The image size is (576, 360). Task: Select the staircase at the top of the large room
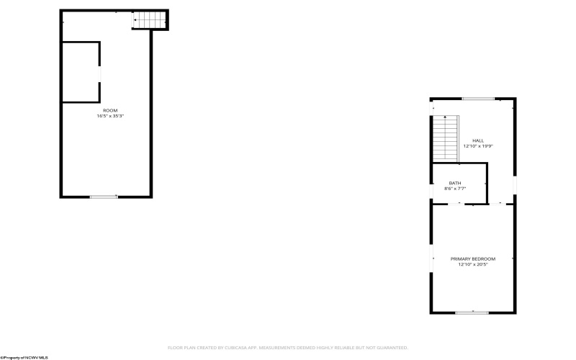pyautogui.click(x=149, y=20)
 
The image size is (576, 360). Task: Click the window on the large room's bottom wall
pyautogui.click(x=104, y=197)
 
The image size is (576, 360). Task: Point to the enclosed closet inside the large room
pyautogui.click(x=80, y=72)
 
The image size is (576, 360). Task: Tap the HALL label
pyautogui.click(x=478, y=140)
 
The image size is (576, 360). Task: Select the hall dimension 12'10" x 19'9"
pyautogui.click(x=478, y=146)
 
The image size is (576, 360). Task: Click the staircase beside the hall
pyautogui.click(x=445, y=140)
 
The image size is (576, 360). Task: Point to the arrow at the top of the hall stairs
pyautogui.click(x=445, y=117)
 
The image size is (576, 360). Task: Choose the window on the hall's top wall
pyautogui.click(x=477, y=99)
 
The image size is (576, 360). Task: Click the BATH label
pyautogui.click(x=455, y=183)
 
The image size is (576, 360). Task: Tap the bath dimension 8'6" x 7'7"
pyautogui.click(x=455, y=189)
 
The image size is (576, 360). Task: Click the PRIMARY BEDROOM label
pyautogui.click(x=473, y=258)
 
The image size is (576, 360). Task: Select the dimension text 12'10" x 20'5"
pyautogui.click(x=473, y=264)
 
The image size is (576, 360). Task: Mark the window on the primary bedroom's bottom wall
pyautogui.click(x=472, y=312)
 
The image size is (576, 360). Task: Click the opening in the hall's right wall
pyautogui.click(x=515, y=186)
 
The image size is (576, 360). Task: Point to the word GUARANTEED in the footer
pyautogui.click(x=390, y=347)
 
